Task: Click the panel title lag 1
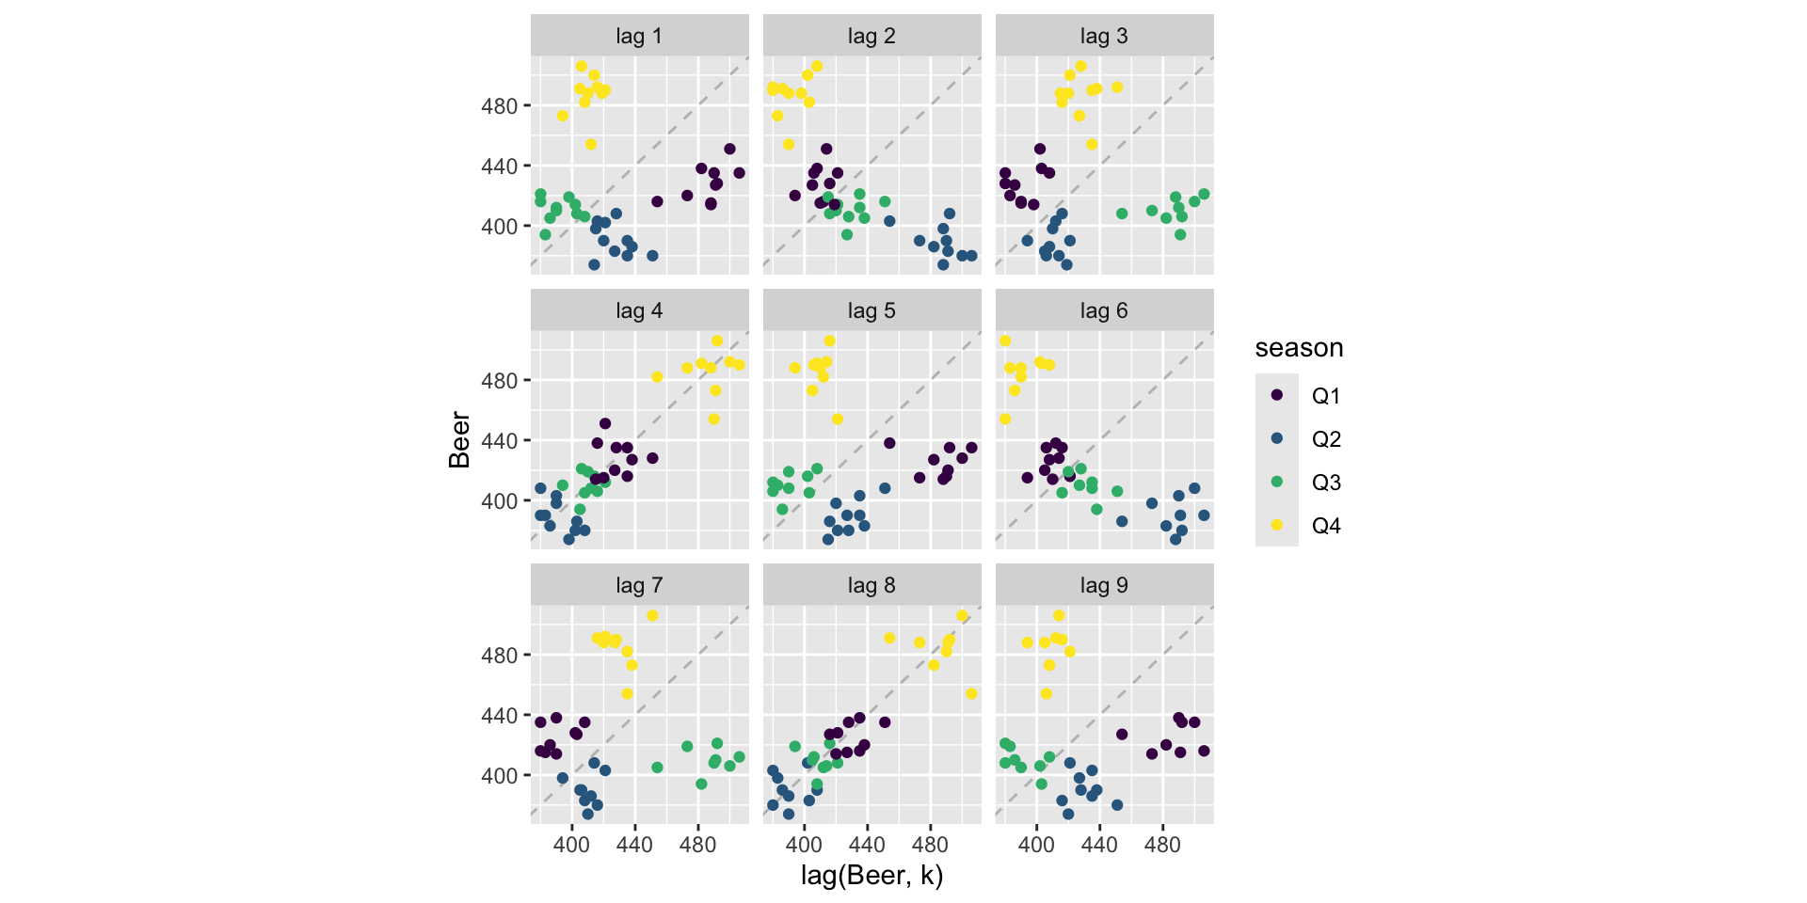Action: click(x=639, y=36)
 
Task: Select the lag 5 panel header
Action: click(x=872, y=310)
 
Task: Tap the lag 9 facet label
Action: click(x=1104, y=585)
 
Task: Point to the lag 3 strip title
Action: click(x=1104, y=36)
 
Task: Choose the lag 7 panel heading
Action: click(x=639, y=585)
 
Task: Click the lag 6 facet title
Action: click(x=1104, y=310)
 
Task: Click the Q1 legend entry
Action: click(x=1325, y=396)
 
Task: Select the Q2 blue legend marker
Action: click(x=1277, y=438)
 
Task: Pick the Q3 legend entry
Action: click(x=1325, y=483)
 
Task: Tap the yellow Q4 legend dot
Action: click(x=1277, y=525)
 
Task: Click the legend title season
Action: click(x=1299, y=348)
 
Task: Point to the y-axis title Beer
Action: click(x=459, y=439)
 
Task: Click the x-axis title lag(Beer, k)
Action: click(x=872, y=876)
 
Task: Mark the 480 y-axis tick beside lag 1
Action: click(x=499, y=106)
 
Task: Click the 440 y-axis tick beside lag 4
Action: click(x=499, y=440)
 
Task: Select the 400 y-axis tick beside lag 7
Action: click(x=499, y=776)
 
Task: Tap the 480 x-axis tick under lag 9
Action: click(x=1162, y=845)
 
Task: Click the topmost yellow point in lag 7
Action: click(x=652, y=616)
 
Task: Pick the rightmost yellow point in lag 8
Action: click(x=971, y=694)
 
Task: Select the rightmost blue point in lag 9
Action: click(x=1117, y=805)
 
